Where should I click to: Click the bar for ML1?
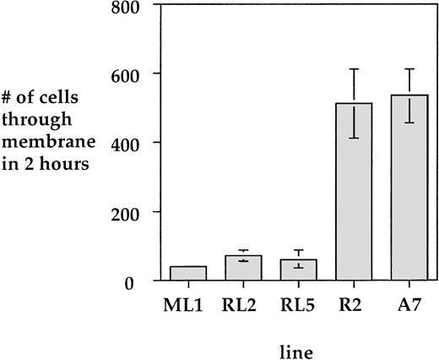click(188, 273)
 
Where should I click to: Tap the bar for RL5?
click(299, 270)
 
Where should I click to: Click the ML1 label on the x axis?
click(188, 302)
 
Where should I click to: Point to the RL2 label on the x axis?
click(244, 302)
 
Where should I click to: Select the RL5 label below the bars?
click(299, 302)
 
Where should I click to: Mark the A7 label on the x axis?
click(409, 302)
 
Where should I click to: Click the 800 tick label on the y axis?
click(138, 8)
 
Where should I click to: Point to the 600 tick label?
click(138, 74)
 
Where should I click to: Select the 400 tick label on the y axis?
click(138, 143)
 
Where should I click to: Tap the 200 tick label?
click(138, 212)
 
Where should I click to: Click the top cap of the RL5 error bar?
click(299, 251)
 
